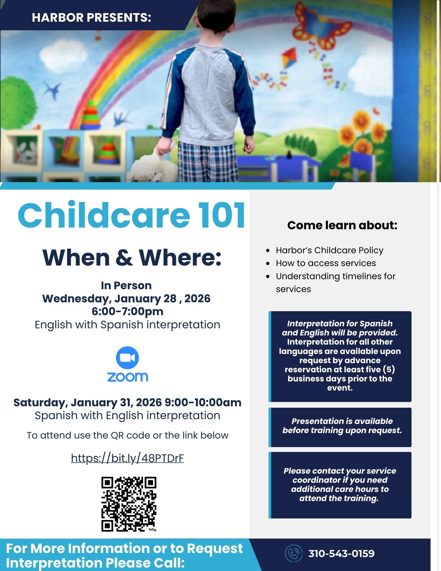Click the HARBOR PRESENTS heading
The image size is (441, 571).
[91, 18]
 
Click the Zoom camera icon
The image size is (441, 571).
[127, 358]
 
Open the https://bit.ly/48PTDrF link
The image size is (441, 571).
[127, 458]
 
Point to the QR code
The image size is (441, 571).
[129, 504]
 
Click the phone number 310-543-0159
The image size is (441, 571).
[341, 553]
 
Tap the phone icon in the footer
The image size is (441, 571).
[293, 553]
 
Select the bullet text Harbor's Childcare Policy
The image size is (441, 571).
[329, 250]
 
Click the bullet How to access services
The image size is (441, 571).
[326, 263]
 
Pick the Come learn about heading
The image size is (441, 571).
[342, 225]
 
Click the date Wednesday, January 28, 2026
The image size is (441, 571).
[126, 298]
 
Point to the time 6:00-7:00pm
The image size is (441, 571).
[128, 311]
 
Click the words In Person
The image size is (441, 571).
[126, 285]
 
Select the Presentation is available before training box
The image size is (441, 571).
[340, 427]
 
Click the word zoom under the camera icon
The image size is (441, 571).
[128, 377]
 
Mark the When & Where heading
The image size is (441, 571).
[132, 258]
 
